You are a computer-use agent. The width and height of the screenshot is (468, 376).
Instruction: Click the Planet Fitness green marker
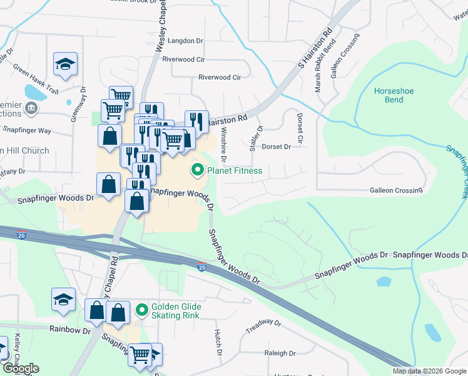click(x=198, y=170)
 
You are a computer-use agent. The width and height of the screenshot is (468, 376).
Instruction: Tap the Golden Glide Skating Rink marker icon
click(x=141, y=309)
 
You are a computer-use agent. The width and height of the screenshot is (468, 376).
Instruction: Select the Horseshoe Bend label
click(x=389, y=95)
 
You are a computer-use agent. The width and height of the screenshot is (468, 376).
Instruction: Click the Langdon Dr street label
click(x=186, y=41)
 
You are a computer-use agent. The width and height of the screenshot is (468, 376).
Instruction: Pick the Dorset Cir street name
click(x=300, y=127)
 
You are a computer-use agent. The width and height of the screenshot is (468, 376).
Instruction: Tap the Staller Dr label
click(x=253, y=137)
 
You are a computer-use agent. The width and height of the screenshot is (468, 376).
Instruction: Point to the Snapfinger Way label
click(x=26, y=130)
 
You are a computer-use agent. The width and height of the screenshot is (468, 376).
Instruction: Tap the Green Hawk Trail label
click(x=35, y=80)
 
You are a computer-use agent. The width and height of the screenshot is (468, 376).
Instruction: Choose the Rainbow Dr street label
click(x=66, y=330)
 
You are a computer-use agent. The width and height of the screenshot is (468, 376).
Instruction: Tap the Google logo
click(x=20, y=368)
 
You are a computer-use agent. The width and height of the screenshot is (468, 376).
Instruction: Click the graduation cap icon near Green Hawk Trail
click(x=65, y=63)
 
